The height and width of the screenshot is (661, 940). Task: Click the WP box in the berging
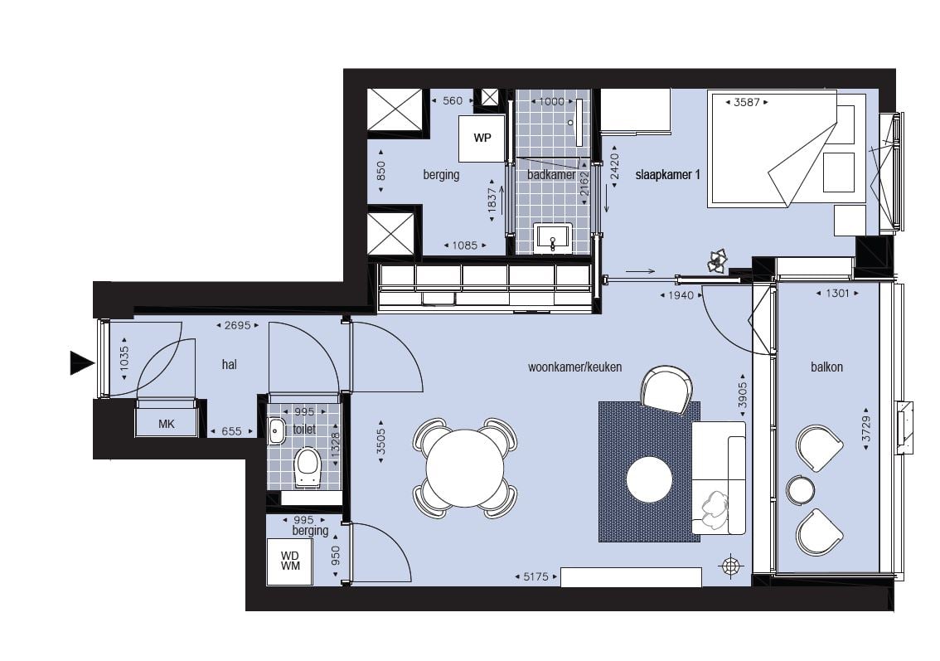point(482,139)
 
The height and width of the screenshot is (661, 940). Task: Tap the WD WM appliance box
point(289,561)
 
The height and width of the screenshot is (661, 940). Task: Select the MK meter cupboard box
point(167,424)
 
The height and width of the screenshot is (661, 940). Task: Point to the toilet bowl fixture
point(308,467)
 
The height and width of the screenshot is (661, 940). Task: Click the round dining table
point(465,468)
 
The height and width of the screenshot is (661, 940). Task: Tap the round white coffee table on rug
point(649,480)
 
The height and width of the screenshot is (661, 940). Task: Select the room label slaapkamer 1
point(668,174)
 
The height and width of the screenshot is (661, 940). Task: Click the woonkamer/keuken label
point(575,367)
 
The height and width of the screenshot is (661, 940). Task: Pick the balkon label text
point(826,367)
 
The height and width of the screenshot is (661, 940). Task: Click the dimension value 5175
point(536,576)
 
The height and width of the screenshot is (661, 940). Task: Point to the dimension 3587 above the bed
point(746,102)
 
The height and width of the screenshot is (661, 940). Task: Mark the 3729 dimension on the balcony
point(865,429)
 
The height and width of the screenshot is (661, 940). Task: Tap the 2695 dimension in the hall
point(237,325)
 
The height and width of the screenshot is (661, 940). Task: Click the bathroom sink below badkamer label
point(554,238)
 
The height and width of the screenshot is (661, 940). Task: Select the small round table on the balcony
point(800,490)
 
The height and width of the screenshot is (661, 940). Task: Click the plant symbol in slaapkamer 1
point(718,261)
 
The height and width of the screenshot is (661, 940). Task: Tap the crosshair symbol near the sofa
point(731,566)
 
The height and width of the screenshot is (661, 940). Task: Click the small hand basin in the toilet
point(276,431)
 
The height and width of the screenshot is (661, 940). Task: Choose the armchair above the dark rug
point(666,389)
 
